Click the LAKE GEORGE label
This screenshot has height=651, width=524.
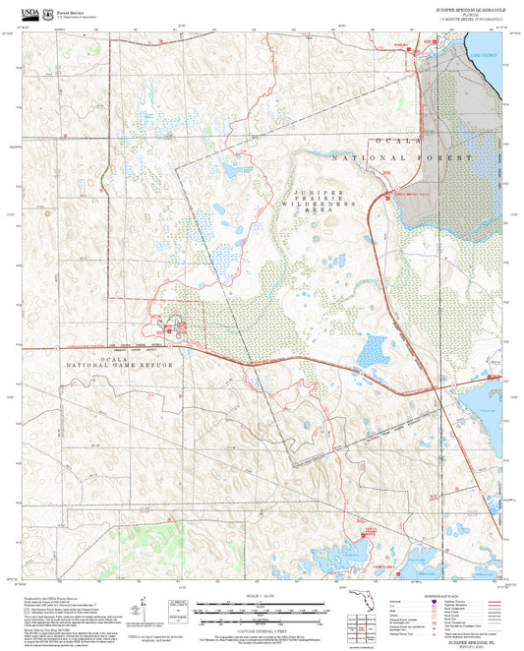click(x=483, y=56)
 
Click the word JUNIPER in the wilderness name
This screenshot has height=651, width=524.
click(x=320, y=192)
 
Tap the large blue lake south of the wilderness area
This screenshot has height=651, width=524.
click(x=373, y=348)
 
